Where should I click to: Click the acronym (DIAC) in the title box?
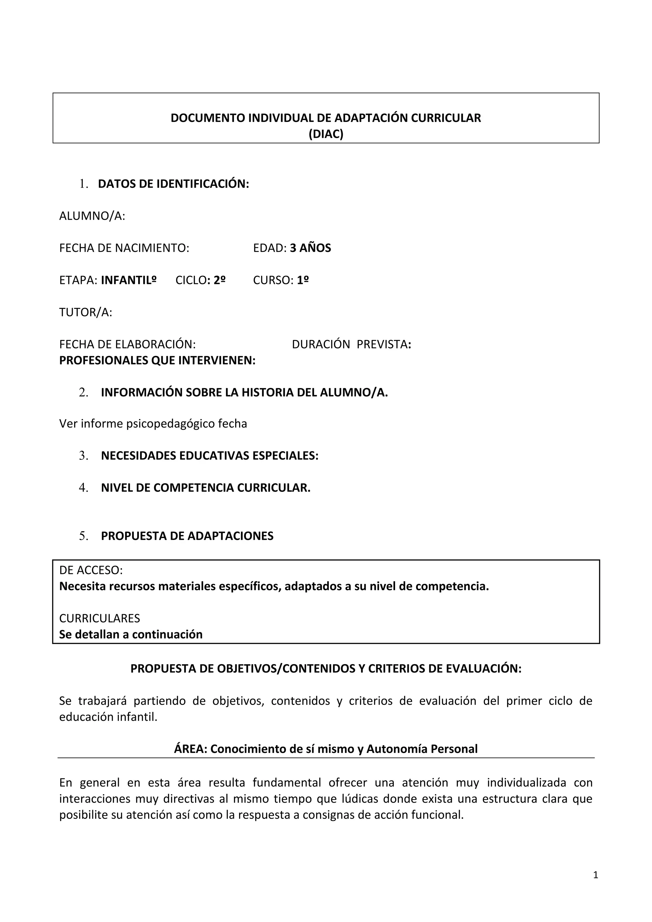point(326,134)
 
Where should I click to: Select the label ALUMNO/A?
point(92,216)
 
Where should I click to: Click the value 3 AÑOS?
point(310,248)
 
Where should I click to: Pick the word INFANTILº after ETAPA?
point(129,280)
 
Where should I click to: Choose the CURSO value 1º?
point(303,280)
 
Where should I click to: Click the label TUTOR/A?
point(86,312)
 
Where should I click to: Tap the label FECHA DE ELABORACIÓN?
point(127,344)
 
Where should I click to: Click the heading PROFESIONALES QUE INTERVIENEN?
point(157,361)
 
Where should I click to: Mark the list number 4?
point(83,488)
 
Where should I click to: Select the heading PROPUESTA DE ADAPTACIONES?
point(187,536)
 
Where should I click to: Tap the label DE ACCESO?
point(91,570)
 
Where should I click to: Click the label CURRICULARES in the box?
point(100,618)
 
